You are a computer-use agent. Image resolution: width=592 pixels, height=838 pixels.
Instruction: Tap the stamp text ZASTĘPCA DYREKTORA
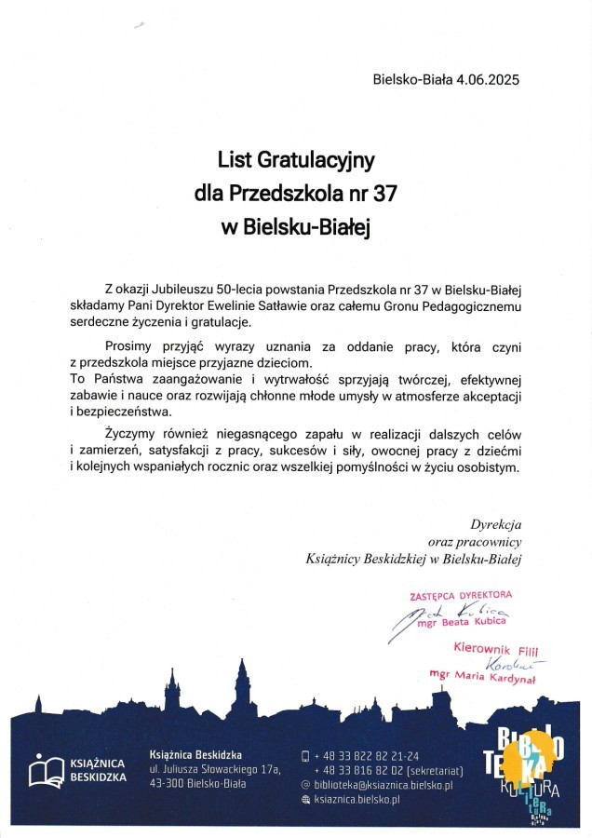461,593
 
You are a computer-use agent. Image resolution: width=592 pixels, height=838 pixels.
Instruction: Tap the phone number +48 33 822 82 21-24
367,755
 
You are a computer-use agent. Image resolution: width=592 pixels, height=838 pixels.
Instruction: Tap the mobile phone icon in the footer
305,755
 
